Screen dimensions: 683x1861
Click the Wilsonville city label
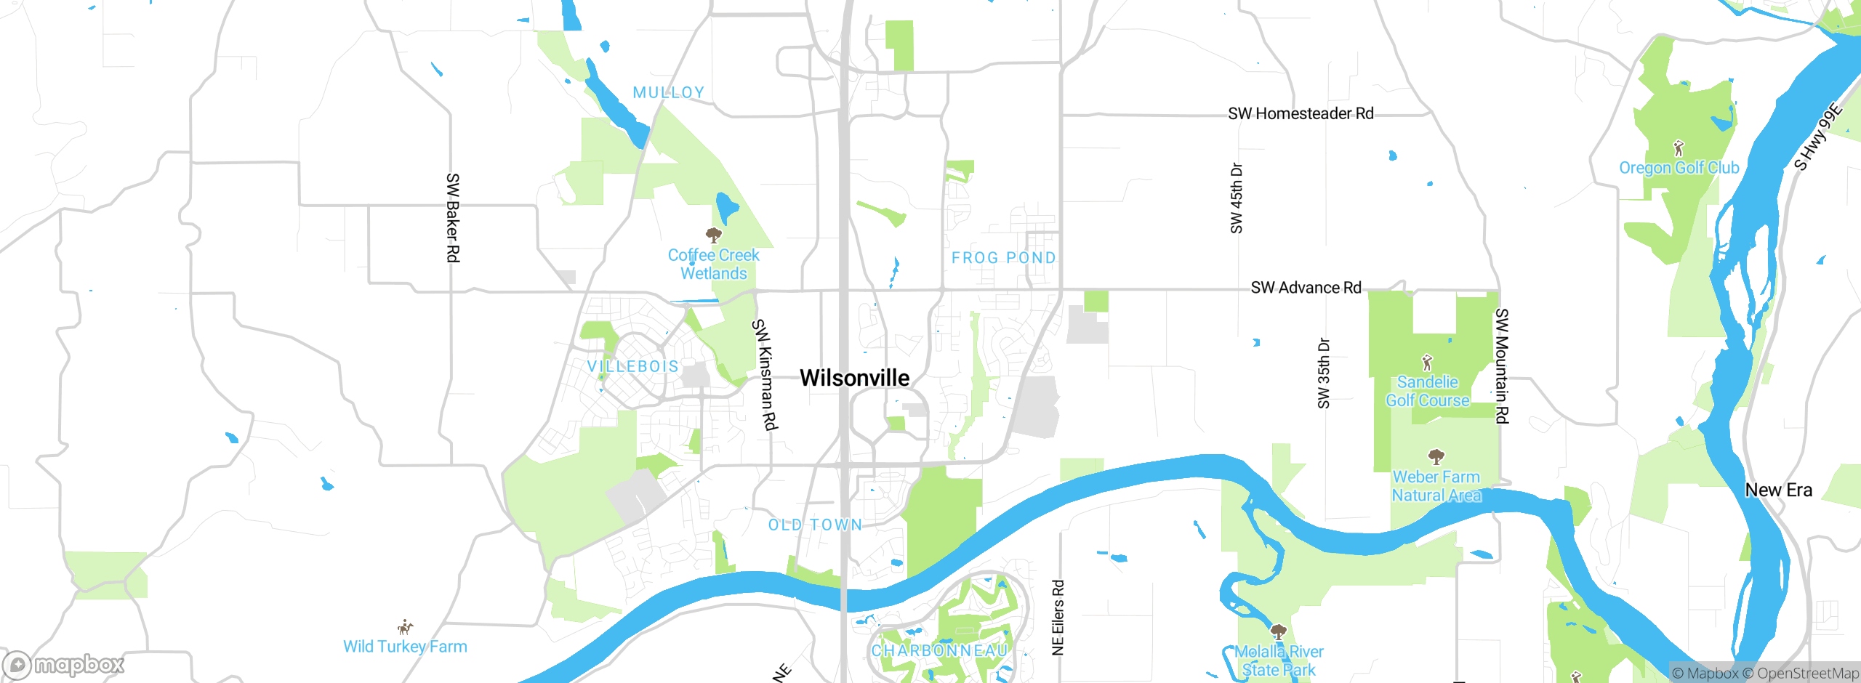tap(854, 378)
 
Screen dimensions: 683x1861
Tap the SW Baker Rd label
tap(452, 217)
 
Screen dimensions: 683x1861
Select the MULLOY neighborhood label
tap(669, 92)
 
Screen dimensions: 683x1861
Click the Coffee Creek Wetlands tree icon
tap(714, 235)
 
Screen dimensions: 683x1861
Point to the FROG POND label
tap(1003, 258)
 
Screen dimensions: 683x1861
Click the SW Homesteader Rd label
tap(1301, 113)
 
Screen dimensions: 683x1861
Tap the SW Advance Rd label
tap(1306, 288)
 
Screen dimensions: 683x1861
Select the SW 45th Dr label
tap(1237, 198)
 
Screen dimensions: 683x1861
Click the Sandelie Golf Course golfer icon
tap(1427, 362)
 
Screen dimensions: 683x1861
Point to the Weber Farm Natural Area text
tap(1436, 486)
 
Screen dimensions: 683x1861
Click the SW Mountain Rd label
tap(1502, 365)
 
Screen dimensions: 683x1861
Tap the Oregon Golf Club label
tap(1679, 168)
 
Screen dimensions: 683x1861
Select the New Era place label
tap(1778, 490)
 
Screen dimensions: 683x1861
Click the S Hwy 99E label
tap(1820, 137)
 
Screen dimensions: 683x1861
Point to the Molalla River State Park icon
tap(1278, 631)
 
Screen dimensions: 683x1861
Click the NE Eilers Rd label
tap(1058, 617)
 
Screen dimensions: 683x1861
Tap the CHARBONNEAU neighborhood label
tap(939, 651)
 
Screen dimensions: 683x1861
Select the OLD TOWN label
tap(815, 525)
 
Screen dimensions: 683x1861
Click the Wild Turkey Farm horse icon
tap(405, 627)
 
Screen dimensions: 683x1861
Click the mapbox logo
tap(64, 664)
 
